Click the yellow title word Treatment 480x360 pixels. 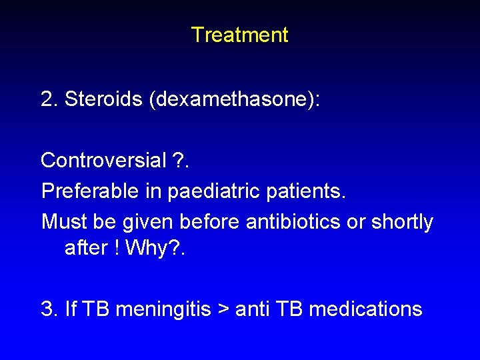(239, 35)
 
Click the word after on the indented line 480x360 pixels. (84, 248)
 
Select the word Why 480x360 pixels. (143, 248)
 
